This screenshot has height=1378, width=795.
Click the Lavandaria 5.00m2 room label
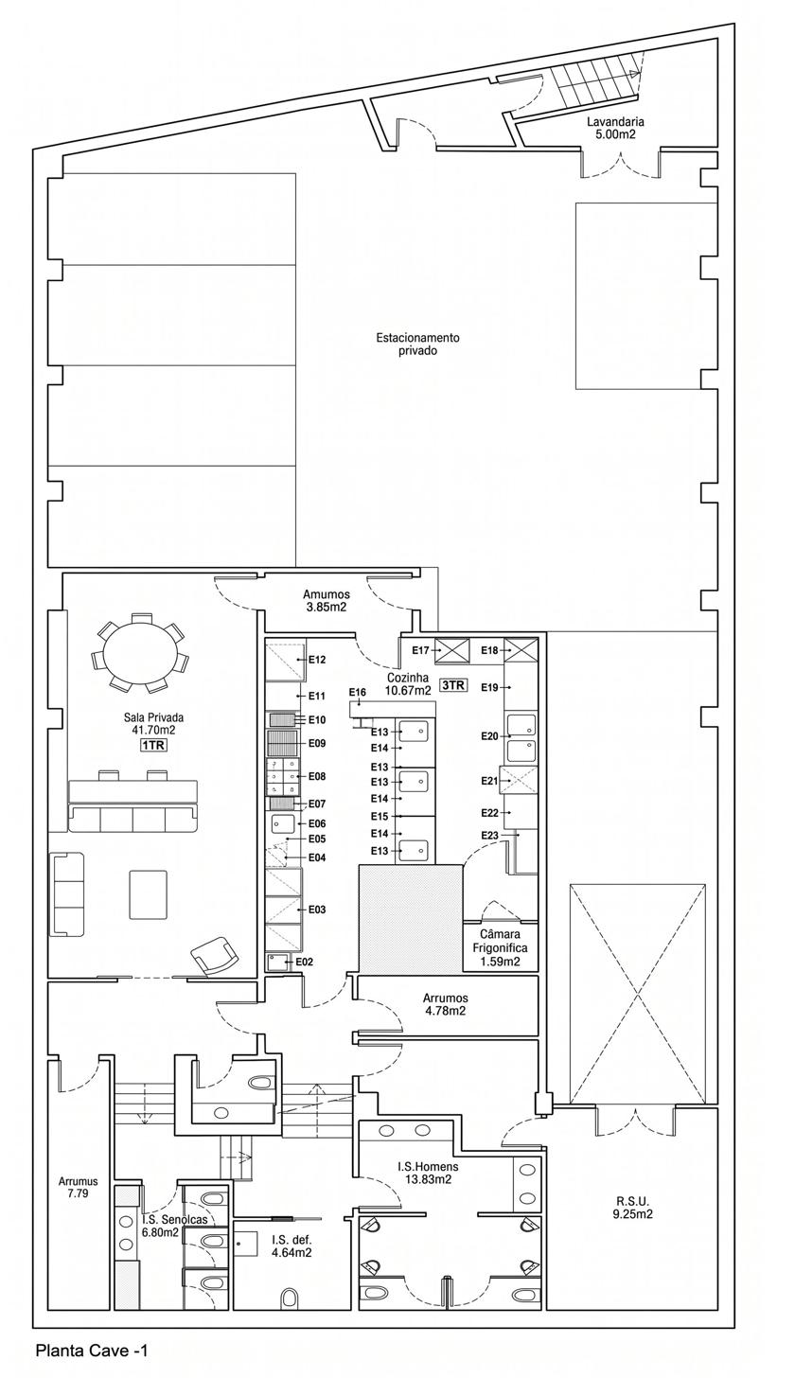click(609, 128)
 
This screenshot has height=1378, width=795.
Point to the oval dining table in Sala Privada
click(140, 650)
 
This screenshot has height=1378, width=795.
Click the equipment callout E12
click(317, 660)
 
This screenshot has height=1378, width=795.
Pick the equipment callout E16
click(357, 692)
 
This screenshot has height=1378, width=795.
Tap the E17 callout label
click(421, 650)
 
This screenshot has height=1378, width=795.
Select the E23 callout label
click(490, 835)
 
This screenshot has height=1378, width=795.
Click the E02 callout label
click(305, 963)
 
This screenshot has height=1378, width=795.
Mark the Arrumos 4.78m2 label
click(446, 1004)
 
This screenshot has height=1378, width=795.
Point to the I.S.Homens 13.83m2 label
click(428, 1173)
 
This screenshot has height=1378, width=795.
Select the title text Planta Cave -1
click(92, 1351)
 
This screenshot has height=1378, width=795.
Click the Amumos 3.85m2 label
click(327, 600)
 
